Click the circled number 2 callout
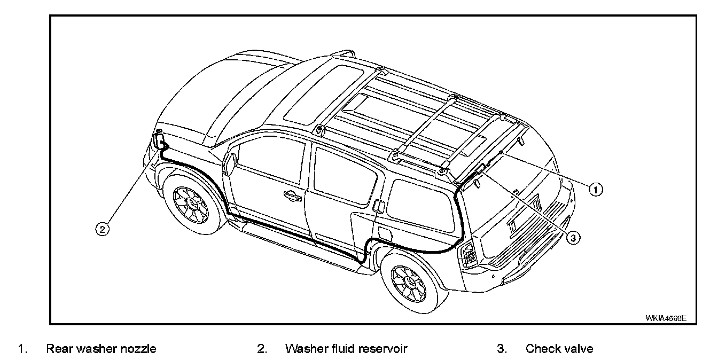(103, 229)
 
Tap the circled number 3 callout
(573, 238)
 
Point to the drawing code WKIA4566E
(665, 318)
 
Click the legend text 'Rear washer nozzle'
(101, 349)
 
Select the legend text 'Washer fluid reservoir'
(346, 349)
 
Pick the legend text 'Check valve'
(559, 349)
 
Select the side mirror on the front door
(230, 162)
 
